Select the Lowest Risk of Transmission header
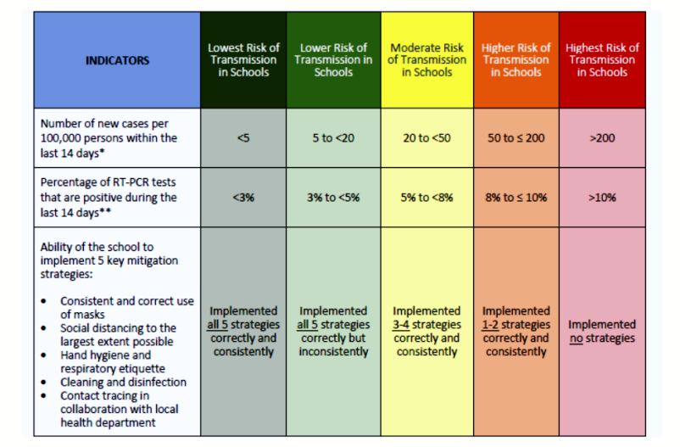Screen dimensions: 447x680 click(243, 60)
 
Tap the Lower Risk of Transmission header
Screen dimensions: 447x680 click(334, 60)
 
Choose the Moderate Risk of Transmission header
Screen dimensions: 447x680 click(426, 60)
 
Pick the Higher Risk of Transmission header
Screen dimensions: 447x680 click(516, 60)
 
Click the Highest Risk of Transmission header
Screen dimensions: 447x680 click(602, 60)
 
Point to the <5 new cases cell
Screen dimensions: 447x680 click(243, 138)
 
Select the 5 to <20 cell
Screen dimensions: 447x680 click(334, 138)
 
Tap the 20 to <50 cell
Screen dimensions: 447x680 click(426, 138)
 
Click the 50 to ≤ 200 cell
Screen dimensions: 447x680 click(516, 138)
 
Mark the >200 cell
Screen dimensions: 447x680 click(602, 138)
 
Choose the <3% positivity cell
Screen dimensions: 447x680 click(243, 198)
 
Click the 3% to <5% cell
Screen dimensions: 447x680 click(334, 198)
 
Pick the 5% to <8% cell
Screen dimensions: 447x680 click(426, 198)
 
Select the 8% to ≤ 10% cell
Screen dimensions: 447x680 click(516, 198)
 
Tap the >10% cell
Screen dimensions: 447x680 click(602, 198)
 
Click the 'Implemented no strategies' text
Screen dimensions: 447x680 click(602, 332)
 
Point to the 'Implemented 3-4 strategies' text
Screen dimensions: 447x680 click(426, 331)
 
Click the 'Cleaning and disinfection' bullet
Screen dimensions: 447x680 click(123, 383)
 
